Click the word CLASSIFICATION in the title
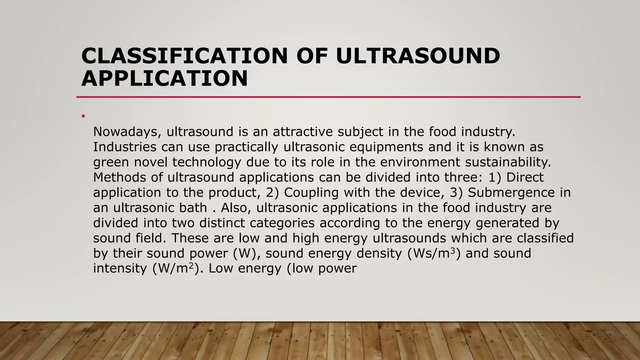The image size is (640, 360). point(184,56)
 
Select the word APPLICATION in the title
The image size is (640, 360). point(164,78)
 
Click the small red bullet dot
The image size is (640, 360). point(83,116)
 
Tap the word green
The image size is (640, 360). point(111,162)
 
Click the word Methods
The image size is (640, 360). point(119,177)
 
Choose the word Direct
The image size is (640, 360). point(525,177)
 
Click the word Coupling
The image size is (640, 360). point(311,192)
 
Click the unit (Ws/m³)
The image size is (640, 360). point(434,253)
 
